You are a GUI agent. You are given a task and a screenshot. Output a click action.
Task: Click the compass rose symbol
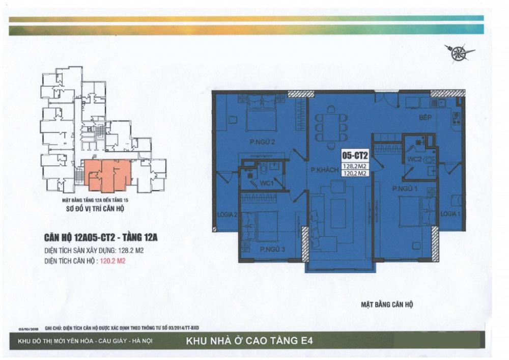click(459, 52)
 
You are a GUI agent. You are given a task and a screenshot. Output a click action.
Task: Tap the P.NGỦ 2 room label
click(263, 142)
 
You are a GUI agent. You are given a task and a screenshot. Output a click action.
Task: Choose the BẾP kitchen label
click(425, 118)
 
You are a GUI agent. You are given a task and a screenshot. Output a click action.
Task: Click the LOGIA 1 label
click(450, 213)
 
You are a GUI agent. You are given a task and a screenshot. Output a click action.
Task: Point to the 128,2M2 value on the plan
click(355, 165)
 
